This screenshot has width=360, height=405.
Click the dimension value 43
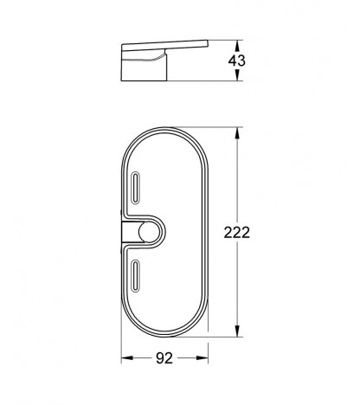(236, 61)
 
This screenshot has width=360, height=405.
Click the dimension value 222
(237, 233)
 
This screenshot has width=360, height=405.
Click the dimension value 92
(164, 358)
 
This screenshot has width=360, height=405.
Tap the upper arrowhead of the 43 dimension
(237, 45)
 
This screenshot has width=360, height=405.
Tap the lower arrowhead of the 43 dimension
(237, 76)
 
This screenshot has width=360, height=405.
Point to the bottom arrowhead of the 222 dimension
(237, 331)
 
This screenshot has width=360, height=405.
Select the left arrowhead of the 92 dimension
(127, 358)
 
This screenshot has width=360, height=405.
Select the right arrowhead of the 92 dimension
(202, 358)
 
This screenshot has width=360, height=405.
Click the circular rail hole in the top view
(147, 232)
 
